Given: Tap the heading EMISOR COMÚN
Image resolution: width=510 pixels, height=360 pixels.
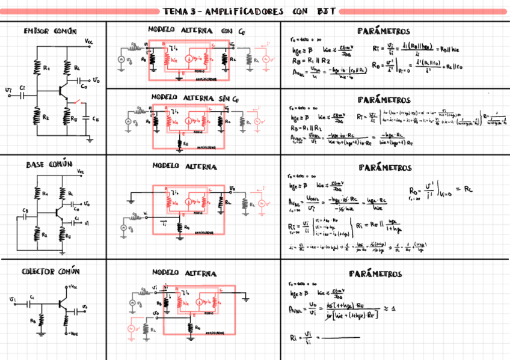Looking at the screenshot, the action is click(50, 31).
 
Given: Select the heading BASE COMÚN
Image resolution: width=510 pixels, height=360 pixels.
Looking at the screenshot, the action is click(49, 164).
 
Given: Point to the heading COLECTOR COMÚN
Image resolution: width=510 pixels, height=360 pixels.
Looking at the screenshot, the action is click(51, 272).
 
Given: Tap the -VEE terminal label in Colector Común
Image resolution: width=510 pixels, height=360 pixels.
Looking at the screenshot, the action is click(72, 333).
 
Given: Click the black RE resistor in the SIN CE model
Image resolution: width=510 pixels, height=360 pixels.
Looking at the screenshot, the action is click(179, 143).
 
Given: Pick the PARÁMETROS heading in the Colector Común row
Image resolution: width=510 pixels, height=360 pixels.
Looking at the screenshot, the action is click(375, 274).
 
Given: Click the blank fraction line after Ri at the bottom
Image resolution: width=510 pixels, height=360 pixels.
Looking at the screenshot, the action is click(341, 339).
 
